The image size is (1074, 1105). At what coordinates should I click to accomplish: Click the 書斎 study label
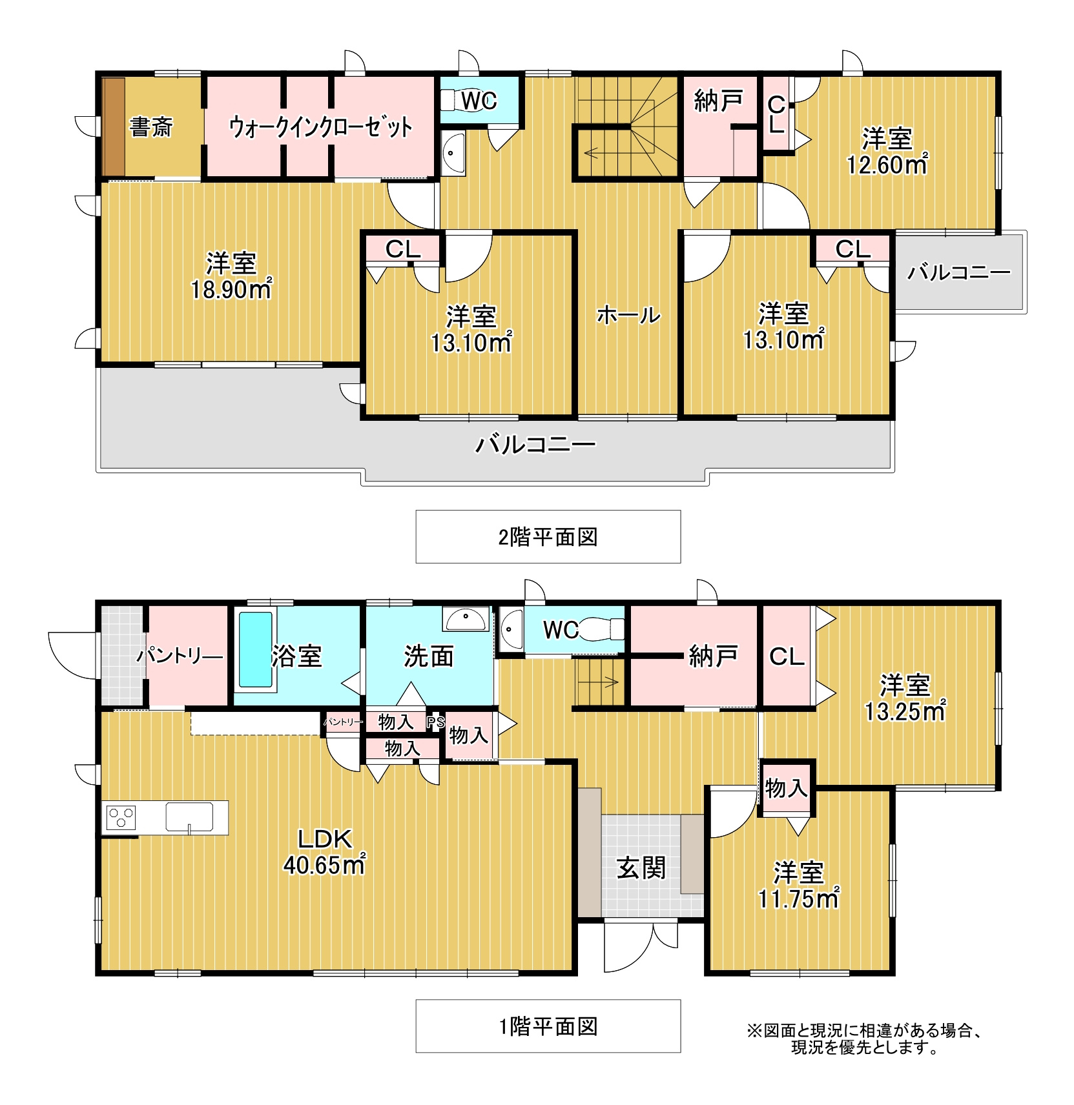coord(151,127)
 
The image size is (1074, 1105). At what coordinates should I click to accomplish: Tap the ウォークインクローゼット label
coord(320,127)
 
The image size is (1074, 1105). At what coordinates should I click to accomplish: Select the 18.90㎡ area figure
coord(231,289)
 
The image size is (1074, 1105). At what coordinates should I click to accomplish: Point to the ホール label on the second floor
coord(628,315)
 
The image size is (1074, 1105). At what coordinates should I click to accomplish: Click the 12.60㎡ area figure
coord(887,165)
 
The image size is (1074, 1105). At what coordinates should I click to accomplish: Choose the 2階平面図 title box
coord(548,536)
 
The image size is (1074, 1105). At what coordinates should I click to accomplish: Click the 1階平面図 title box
coord(548,1026)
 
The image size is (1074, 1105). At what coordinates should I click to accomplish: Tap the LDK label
coord(325,839)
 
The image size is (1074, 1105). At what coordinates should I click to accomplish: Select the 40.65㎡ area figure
coord(324,864)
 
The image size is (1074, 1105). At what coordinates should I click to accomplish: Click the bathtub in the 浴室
coord(256,649)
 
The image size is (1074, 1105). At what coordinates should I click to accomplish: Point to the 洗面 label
coord(429,656)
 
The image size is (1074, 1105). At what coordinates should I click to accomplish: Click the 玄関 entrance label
coord(641,868)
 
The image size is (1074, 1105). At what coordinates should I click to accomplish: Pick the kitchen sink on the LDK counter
coord(189,817)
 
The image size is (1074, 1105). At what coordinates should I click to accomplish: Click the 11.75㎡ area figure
coord(798,898)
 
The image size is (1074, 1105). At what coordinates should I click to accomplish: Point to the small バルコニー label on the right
coord(959,272)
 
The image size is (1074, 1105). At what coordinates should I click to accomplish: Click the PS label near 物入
coord(435,722)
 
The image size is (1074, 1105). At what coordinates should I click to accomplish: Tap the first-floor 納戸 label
coord(714,656)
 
